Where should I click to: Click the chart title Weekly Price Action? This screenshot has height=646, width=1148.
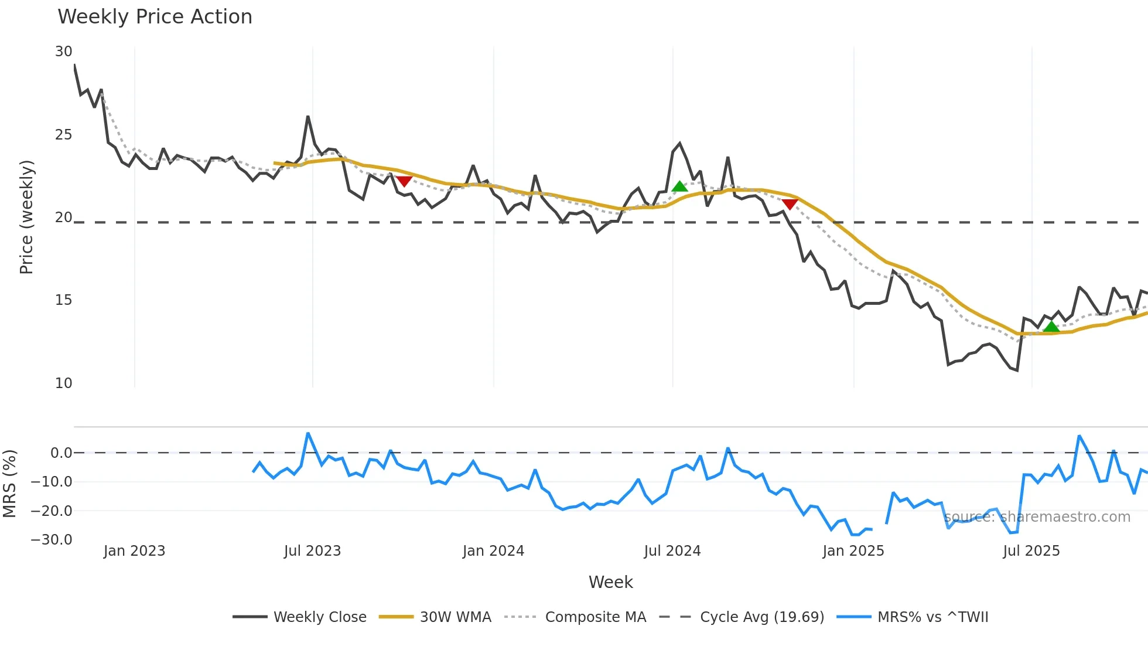[155, 17]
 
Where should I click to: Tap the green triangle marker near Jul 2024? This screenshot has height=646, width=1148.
[679, 187]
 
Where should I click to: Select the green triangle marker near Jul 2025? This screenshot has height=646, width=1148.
[1051, 327]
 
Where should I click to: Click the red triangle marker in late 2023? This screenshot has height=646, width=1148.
[404, 181]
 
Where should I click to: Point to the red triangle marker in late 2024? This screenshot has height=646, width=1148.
[790, 204]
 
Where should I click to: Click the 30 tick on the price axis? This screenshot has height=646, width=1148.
[63, 52]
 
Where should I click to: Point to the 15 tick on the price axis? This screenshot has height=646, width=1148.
[63, 300]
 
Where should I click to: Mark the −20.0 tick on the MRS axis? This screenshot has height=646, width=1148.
[52, 511]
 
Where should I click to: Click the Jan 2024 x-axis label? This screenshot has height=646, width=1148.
[493, 551]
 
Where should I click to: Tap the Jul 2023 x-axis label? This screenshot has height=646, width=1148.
[312, 551]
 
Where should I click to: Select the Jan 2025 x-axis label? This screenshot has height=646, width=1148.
[853, 551]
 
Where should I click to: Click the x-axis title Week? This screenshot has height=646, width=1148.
[610, 582]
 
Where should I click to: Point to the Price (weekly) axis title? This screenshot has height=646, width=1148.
[26, 217]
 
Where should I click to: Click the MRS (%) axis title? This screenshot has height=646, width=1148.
[9, 484]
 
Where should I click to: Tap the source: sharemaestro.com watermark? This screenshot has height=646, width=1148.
[1037, 517]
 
